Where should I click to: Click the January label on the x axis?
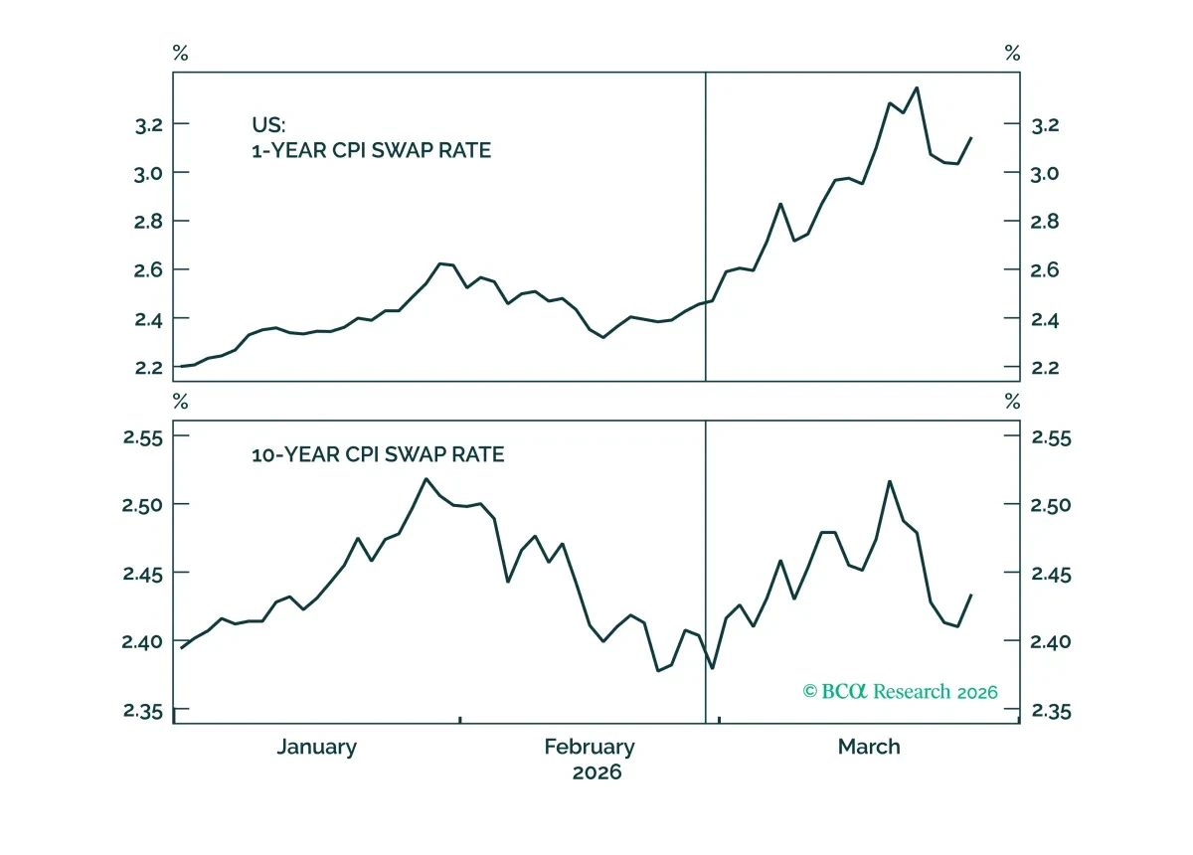coord(316,748)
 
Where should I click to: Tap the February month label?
coord(590,748)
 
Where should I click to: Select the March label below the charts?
coord(869,747)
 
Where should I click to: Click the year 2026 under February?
coord(597,772)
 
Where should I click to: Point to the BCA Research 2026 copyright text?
coord(900,692)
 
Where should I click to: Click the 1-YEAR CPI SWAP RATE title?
coord(371,151)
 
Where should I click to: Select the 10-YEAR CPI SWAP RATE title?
coord(378,455)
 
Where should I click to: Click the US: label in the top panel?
coord(268,125)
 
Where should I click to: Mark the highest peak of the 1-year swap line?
coord(917,87)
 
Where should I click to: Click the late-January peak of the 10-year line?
coord(426,479)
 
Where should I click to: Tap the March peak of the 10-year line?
coord(890,481)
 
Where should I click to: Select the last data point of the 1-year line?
coord(971,138)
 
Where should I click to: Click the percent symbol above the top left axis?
coord(181,54)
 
